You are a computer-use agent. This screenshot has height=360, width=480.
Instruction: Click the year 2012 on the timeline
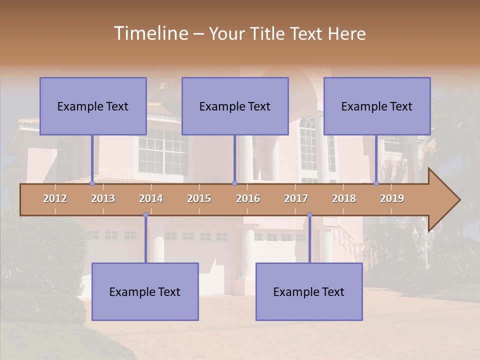tap(55, 198)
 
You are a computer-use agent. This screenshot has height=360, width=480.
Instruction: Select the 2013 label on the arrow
tap(103, 198)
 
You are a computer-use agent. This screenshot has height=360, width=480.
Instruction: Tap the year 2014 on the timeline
tap(151, 198)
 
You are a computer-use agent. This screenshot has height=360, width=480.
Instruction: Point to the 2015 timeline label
tap(199, 198)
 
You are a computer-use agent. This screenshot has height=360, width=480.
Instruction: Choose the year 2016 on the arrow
tap(248, 198)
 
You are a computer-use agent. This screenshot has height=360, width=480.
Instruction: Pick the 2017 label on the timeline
tap(296, 198)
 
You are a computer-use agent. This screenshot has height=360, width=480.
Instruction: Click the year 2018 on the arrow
tap(344, 198)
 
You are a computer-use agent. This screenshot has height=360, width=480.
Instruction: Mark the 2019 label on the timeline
tap(392, 198)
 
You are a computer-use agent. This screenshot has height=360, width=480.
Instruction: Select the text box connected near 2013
tap(93, 106)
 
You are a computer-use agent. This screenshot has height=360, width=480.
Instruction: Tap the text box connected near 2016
tap(235, 106)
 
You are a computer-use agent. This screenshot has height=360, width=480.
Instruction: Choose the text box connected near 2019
tap(377, 106)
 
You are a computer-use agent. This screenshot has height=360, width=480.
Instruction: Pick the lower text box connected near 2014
tap(145, 292)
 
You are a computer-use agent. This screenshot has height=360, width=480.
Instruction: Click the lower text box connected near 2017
tap(309, 292)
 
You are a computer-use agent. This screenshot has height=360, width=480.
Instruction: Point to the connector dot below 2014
tap(145, 215)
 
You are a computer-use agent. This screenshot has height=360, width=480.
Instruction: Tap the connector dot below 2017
tap(309, 215)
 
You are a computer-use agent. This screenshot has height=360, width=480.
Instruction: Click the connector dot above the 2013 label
tap(92, 183)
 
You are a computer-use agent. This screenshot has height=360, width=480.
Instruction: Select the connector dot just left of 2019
tap(376, 183)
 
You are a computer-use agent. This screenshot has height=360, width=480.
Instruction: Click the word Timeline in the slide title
tap(150, 33)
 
